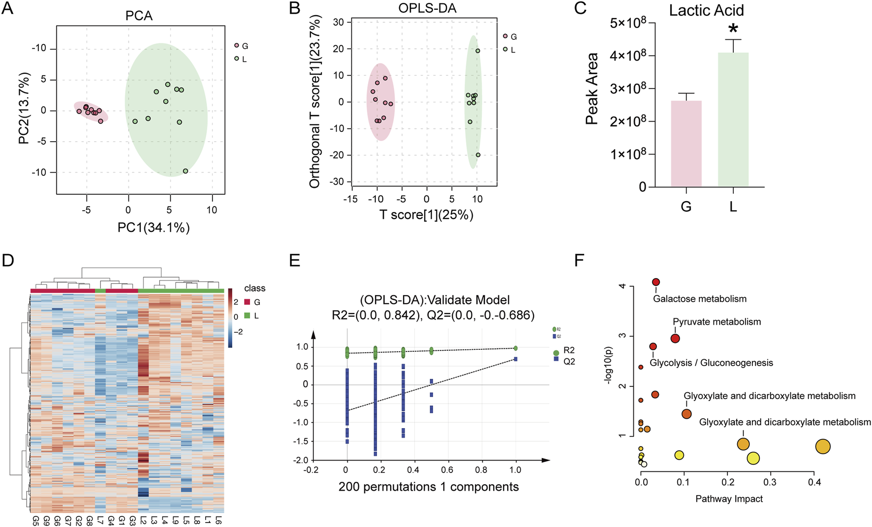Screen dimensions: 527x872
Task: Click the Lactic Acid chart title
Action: pyautogui.click(x=706, y=10)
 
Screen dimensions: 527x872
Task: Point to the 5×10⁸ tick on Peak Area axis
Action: pyautogui.click(x=628, y=23)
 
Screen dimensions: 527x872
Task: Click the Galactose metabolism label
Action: pyautogui.click(x=699, y=299)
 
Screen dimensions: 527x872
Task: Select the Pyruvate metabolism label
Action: pyautogui.click(x=716, y=322)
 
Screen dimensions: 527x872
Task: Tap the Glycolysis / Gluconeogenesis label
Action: pyautogui.click(x=711, y=363)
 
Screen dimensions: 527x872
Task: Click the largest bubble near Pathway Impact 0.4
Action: pyautogui.click(x=823, y=446)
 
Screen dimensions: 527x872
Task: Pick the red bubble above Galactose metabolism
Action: pyautogui.click(x=656, y=282)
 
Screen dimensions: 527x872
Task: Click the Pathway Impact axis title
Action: pyautogui.click(x=729, y=499)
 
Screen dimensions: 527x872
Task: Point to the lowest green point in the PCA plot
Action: pyautogui.click(x=186, y=171)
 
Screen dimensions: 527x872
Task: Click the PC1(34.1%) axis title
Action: pyautogui.click(x=154, y=227)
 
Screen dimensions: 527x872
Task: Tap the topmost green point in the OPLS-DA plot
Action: pyautogui.click(x=477, y=51)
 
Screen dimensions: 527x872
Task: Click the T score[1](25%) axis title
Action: pyautogui.click(x=426, y=215)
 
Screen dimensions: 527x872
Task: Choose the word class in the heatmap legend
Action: pyautogui.click(x=254, y=288)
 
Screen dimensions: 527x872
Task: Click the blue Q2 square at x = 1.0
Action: pyautogui.click(x=515, y=359)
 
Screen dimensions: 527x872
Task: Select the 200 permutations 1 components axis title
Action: pyautogui.click(x=428, y=487)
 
